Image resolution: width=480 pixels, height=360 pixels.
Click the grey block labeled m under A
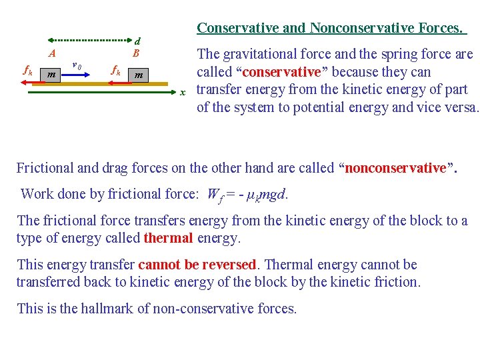pyautogui.click(x=51, y=75)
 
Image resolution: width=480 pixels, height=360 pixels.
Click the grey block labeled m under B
pyautogui.click(x=139, y=75)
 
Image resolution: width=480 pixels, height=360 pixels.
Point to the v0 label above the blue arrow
pyautogui.click(x=77, y=65)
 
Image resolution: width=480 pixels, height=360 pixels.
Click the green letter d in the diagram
pyautogui.click(x=137, y=41)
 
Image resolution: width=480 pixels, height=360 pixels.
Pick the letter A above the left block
pyautogui.click(x=52, y=54)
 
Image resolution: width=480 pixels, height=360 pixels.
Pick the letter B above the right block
pyautogui.click(x=135, y=53)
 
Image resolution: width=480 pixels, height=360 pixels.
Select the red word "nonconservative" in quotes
pyautogui.click(x=395, y=168)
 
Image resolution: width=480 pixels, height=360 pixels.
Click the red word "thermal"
pyautogui.click(x=168, y=238)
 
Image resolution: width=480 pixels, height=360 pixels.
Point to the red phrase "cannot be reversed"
pyautogui.click(x=197, y=265)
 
